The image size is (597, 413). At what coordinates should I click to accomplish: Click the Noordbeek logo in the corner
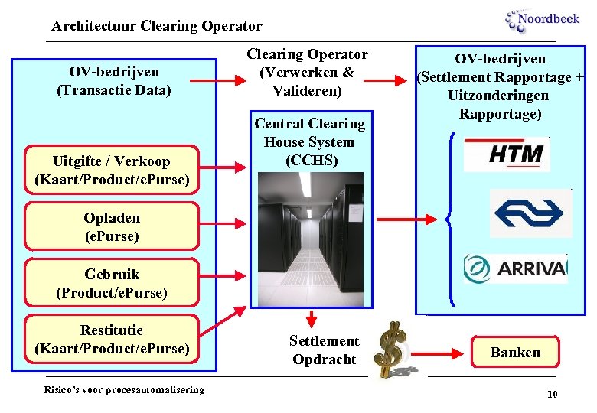click(542, 20)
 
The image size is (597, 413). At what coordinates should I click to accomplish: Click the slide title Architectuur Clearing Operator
click(157, 26)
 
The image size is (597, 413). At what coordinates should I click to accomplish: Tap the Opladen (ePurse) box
click(112, 226)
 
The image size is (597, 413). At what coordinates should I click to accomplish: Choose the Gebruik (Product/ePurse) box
click(112, 283)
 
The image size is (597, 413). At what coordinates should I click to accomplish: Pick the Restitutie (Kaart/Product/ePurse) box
click(112, 339)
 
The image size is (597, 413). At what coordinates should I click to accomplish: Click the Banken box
click(515, 352)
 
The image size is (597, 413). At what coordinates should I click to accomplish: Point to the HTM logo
click(507, 154)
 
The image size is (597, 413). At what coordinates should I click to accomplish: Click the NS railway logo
click(530, 213)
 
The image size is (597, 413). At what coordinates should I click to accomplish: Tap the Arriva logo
click(515, 268)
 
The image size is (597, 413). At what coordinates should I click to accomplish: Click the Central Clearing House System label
click(309, 142)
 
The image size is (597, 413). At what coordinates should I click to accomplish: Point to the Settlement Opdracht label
click(324, 350)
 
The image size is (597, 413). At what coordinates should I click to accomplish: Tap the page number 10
click(552, 394)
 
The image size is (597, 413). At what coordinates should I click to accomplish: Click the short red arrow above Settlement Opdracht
click(312, 318)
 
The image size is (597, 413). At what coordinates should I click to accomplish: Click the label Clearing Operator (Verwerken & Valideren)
click(307, 72)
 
